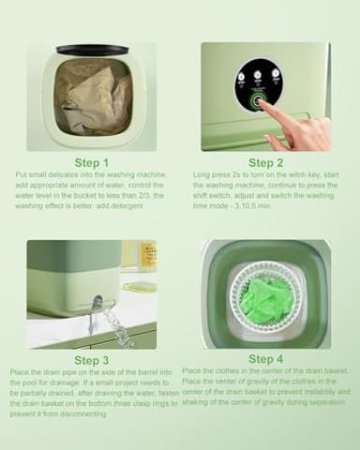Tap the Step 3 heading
tap(91, 360)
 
